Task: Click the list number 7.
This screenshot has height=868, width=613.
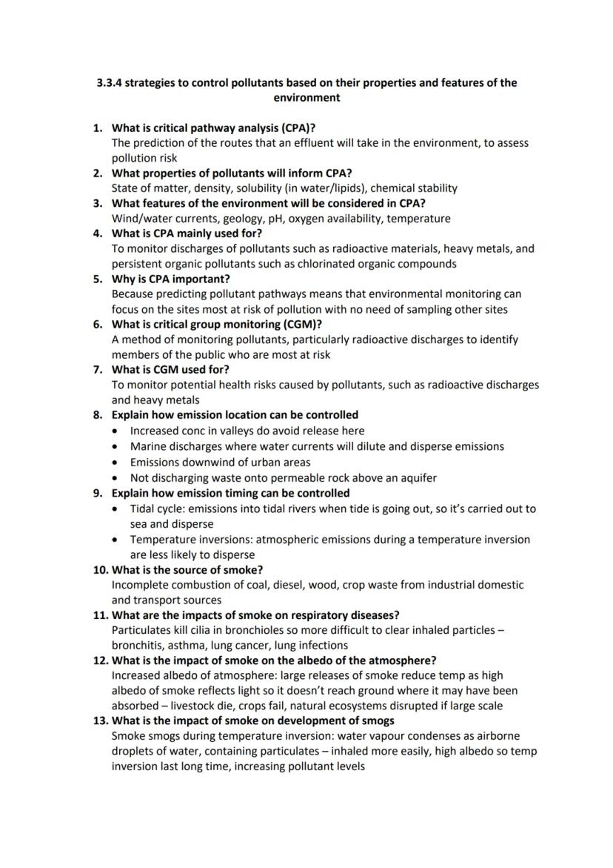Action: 97,369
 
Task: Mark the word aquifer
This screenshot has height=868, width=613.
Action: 416,477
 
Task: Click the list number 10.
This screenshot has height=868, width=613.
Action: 100,569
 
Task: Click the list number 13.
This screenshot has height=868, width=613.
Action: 100,720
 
